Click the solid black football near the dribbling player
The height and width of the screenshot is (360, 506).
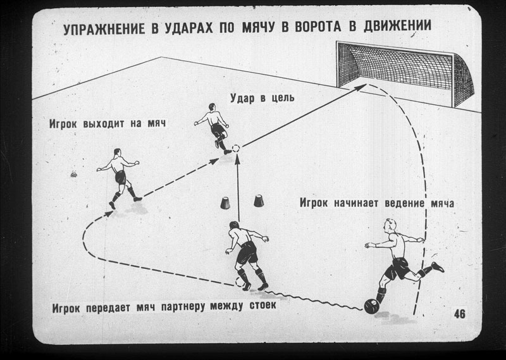pyautogui.click(x=372, y=306)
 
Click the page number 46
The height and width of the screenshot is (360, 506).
pyautogui.click(x=460, y=314)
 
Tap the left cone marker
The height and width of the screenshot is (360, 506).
pyautogui.click(x=225, y=202)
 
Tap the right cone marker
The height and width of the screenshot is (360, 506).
pyautogui.click(x=259, y=201)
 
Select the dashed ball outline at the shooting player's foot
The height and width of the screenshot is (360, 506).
pyautogui.click(x=236, y=149)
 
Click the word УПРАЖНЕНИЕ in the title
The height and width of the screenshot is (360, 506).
pyautogui.click(x=104, y=29)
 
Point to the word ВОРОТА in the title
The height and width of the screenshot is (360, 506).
pyautogui.click(x=318, y=27)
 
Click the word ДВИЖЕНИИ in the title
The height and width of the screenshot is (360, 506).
pyautogui.click(x=398, y=25)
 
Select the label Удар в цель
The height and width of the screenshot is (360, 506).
pyautogui.click(x=262, y=97)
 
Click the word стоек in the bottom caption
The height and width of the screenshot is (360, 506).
pyautogui.click(x=263, y=305)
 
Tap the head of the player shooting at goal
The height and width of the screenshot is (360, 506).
pyautogui.click(x=212, y=107)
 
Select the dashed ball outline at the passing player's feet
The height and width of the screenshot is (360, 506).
pyautogui.click(x=240, y=282)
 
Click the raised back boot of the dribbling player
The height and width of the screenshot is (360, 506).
pyautogui.click(x=438, y=267)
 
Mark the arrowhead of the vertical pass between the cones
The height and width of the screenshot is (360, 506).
pyautogui.click(x=237, y=158)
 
